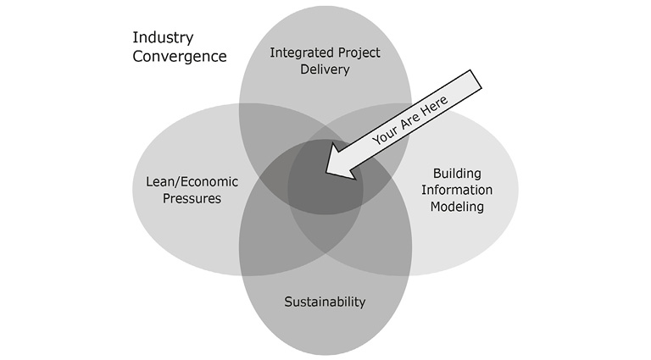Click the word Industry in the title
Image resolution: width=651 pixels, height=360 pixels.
pyautogui.click(x=163, y=38)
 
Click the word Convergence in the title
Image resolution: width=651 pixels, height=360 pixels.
pyautogui.click(x=180, y=57)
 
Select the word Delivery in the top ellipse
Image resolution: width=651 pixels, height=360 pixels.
pyautogui.click(x=325, y=69)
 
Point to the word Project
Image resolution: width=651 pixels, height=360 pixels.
pyautogui.click(x=356, y=53)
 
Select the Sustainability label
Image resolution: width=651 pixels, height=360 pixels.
pyautogui.click(x=325, y=302)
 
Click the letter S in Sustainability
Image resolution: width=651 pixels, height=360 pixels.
pyautogui.click(x=288, y=302)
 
